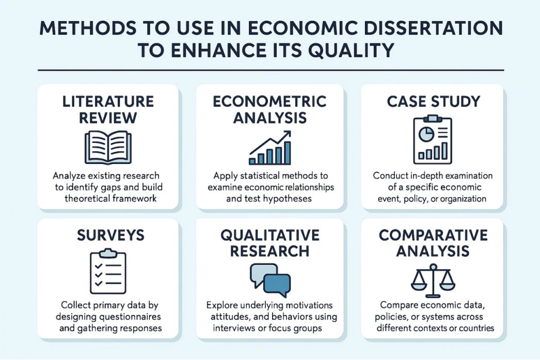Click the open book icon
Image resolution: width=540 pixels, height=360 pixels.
[108, 147]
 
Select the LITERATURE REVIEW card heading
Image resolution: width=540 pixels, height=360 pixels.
[108, 109]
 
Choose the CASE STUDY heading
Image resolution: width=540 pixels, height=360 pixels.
[433, 102]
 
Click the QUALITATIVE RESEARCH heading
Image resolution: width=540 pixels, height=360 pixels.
[270, 243]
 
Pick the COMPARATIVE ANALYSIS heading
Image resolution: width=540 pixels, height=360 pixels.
[433, 243]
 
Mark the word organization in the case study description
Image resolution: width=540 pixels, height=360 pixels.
[466, 199]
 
